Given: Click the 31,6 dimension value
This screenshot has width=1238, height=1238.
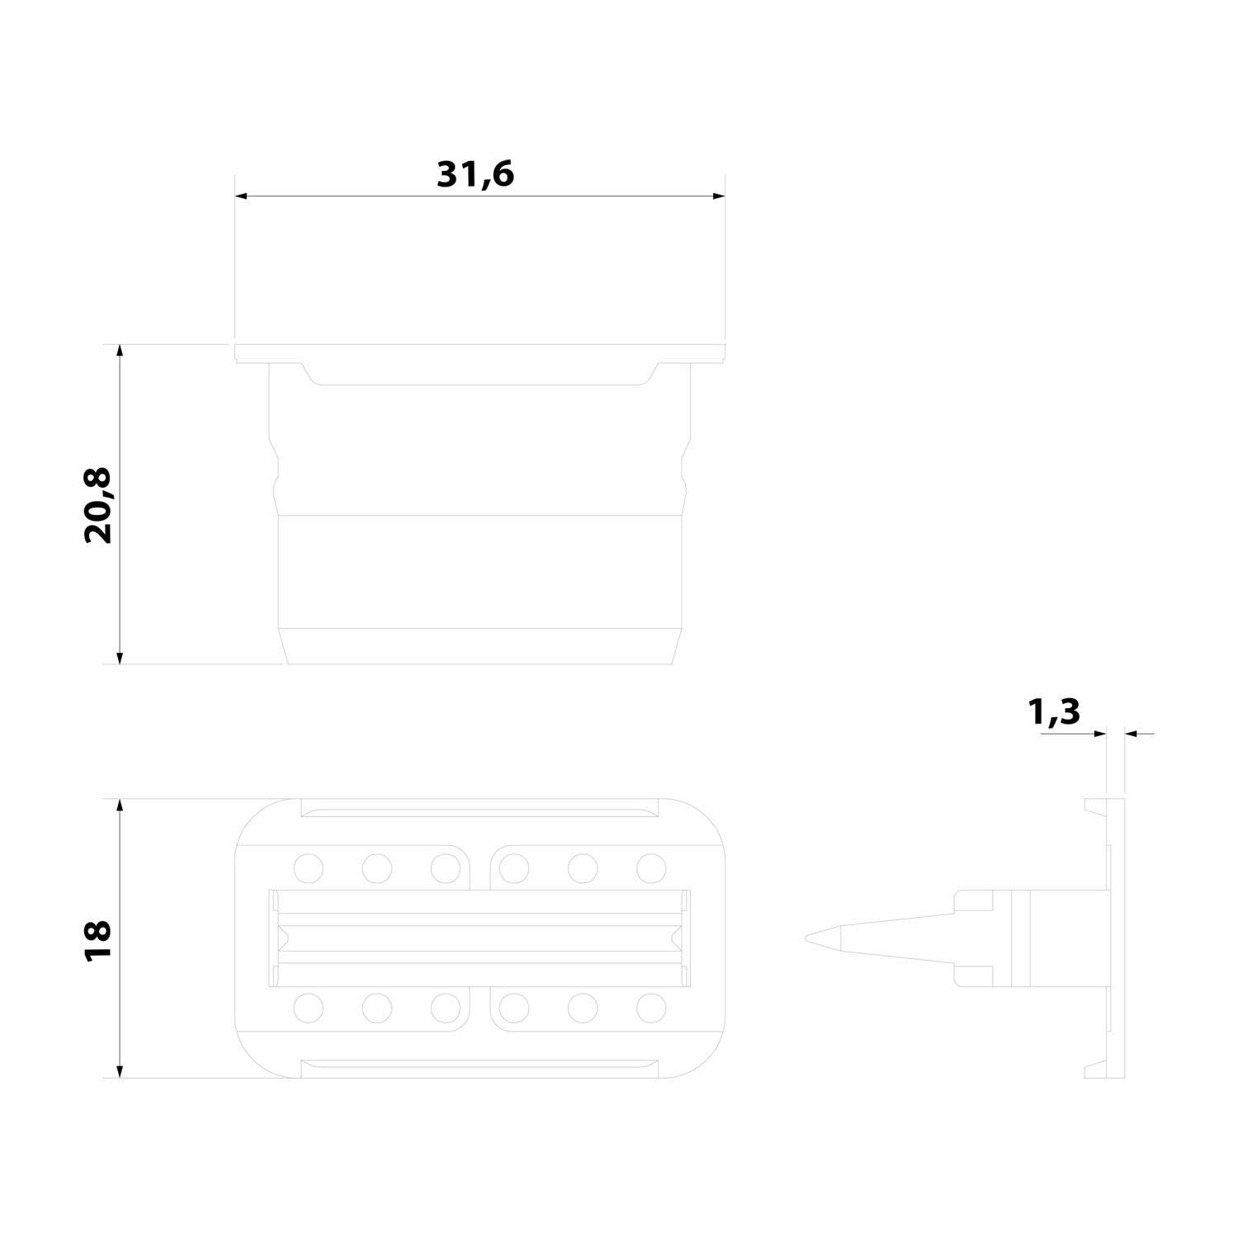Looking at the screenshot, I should [475, 174].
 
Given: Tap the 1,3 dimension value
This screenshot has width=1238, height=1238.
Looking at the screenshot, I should [1054, 711].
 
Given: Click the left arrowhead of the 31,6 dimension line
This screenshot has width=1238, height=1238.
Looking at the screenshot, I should [241, 196].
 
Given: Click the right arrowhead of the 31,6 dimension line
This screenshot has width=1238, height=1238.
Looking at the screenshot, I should [719, 196].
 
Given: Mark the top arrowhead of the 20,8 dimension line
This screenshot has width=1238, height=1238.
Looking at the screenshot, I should [120, 350].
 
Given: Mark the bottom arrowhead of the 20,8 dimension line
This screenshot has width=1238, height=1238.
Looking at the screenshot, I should [120, 658].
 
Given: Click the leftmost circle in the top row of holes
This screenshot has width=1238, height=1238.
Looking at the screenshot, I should [308, 867].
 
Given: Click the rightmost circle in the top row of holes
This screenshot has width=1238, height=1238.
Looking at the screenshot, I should [651, 867].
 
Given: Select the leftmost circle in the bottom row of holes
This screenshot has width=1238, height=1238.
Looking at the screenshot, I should [308, 1008].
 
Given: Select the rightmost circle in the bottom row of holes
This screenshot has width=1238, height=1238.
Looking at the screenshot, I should [651, 1008].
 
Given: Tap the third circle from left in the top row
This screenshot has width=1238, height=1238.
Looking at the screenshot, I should [445, 867].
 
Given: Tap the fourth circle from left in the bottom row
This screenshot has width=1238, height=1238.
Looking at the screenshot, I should [514, 1008].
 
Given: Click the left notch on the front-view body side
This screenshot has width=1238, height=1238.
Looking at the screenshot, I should [275, 472].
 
